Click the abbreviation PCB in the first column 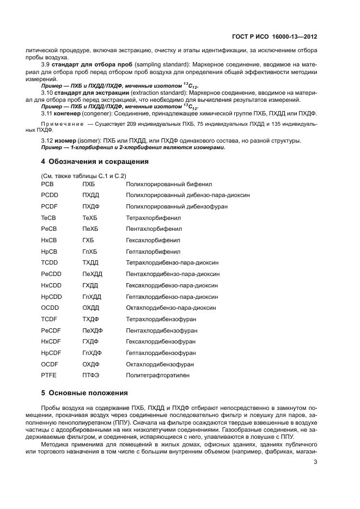pos(47,185)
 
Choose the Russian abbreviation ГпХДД pos(92,297)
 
